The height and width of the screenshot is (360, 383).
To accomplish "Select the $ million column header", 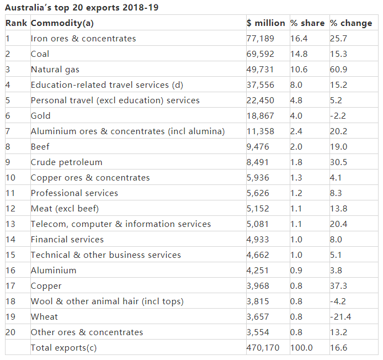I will [265, 23].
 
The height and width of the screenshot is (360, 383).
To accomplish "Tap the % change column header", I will [351, 23].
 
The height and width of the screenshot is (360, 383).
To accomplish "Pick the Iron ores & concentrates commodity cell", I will [83, 39].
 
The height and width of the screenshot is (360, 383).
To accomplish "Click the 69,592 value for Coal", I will [259, 54].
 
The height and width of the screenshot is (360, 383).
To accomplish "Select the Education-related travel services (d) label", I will [107, 85].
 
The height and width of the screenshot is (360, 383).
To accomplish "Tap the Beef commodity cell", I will [40, 147].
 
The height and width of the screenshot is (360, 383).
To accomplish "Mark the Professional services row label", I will [75, 193].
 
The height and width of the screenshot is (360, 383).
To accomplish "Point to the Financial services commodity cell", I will [67, 240].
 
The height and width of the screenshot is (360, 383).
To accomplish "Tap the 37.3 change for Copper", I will [338, 286].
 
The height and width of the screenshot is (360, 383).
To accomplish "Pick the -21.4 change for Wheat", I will [341, 317].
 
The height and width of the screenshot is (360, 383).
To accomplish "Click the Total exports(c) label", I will [64, 348].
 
